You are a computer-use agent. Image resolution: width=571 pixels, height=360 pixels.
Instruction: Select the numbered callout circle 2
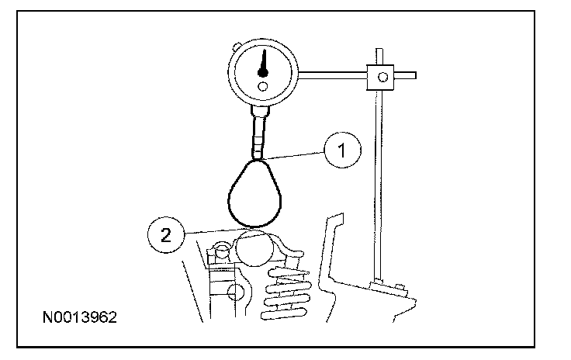164,236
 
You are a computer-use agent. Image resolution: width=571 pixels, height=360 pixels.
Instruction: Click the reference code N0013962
80,318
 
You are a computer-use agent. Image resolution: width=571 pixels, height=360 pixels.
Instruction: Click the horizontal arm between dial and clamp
333,74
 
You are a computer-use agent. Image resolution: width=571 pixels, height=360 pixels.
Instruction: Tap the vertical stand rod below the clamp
378,178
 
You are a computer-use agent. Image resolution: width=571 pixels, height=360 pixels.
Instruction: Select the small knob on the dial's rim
234,46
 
